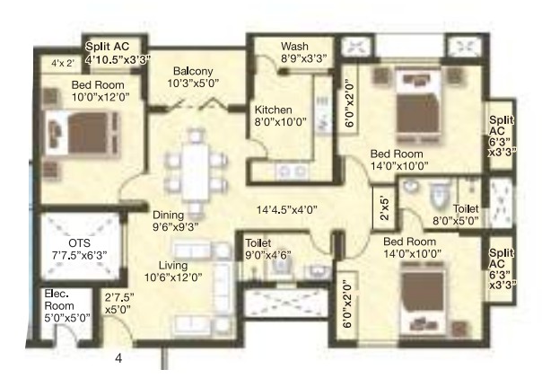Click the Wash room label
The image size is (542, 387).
(x=295, y=46)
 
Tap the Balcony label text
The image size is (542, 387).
(x=193, y=71)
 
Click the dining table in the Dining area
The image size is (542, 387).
(x=196, y=172)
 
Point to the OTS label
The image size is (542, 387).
(x=80, y=242)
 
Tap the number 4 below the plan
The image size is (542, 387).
(x=118, y=358)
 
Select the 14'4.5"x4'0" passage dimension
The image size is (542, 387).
(x=287, y=210)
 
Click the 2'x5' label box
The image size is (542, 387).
(x=384, y=208)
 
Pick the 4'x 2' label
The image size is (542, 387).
(x=63, y=63)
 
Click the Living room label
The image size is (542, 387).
(x=173, y=265)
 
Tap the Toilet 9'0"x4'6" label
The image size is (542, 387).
(x=268, y=249)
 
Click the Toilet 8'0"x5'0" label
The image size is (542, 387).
(x=456, y=215)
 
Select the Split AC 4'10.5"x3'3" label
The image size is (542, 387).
(x=118, y=53)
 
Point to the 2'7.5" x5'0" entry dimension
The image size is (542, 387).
(x=119, y=303)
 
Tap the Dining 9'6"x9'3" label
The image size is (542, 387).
(x=176, y=221)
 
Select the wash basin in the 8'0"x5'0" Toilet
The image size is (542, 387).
(x=411, y=187)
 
